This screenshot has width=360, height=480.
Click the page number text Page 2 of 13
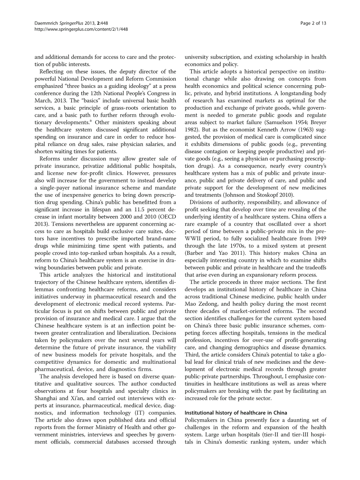click(x=313, y=23)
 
